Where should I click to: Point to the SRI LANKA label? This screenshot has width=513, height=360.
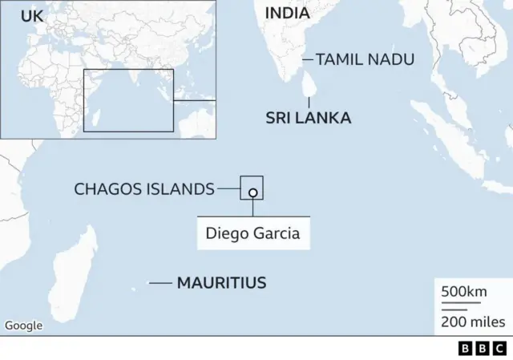309,118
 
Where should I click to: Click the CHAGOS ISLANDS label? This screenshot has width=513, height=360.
144,189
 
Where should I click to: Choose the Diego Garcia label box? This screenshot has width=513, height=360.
253,234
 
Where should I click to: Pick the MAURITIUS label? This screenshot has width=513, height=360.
221,282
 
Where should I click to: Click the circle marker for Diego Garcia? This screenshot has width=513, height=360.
252,192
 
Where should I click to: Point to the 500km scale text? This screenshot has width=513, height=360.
464,291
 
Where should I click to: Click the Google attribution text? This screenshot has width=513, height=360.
24,326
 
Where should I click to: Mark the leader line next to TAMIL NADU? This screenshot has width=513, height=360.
307,59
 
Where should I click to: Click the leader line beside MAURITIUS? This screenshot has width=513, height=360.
160,282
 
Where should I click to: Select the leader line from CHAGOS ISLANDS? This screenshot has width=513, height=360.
228,189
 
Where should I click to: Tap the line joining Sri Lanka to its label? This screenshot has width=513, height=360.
310,102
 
